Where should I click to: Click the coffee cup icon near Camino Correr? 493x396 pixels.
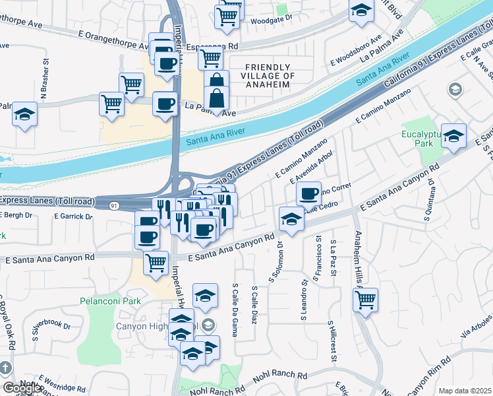pyautogui.click(x=308, y=194)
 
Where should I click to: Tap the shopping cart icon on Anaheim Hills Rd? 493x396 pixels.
pyautogui.click(x=365, y=300)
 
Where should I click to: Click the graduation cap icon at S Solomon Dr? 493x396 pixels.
pyautogui.click(x=291, y=219)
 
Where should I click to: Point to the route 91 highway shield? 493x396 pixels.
pyautogui.click(x=115, y=206)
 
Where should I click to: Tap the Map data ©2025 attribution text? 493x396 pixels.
pyautogui.click(x=465, y=391)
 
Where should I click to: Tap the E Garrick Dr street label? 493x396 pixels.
pyautogui.click(x=73, y=216)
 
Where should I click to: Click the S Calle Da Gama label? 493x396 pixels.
pyautogui.click(x=235, y=308)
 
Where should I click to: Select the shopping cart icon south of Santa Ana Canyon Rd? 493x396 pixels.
pyautogui.click(x=156, y=262)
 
